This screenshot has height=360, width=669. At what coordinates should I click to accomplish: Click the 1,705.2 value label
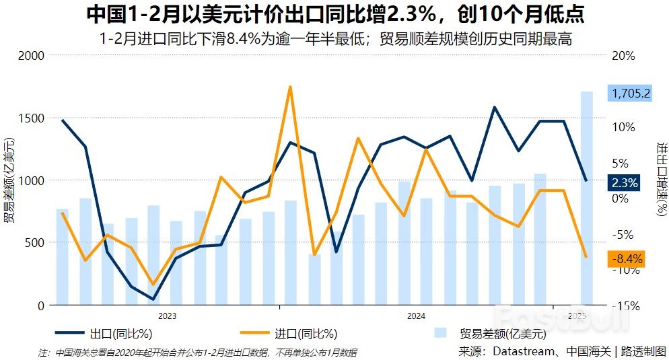pyautogui.click(x=629, y=94)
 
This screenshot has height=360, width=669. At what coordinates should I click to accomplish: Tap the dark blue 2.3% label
pyautogui.click(x=625, y=182)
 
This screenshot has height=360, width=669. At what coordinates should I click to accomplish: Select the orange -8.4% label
pyautogui.click(x=625, y=259)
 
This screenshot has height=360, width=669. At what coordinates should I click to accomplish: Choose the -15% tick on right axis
pyautogui.click(x=625, y=305)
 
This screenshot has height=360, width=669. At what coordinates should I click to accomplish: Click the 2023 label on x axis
pyautogui.click(x=167, y=316)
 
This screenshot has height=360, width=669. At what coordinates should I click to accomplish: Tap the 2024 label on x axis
pyautogui.click(x=415, y=316)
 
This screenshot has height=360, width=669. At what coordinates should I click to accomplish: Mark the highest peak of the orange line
pyautogui.click(x=290, y=87)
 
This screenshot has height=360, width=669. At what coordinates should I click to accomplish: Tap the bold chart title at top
pyautogui.click(x=334, y=14)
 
